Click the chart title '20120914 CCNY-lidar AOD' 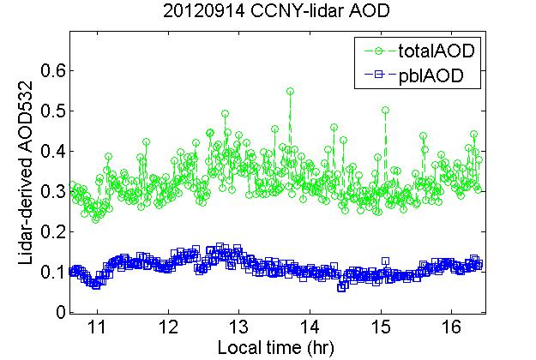pyautogui.click(x=267, y=13)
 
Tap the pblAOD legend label pyautogui.click(x=431, y=75)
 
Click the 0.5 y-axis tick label pyautogui.click(x=48, y=111)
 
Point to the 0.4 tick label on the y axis pyautogui.click(x=48, y=151)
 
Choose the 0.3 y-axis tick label pyautogui.click(x=48, y=191)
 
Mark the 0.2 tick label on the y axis pyautogui.click(x=48, y=231)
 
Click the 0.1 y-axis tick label pyautogui.click(x=48, y=272)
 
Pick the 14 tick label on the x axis pyautogui.click(x=310, y=327)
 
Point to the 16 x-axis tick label pyautogui.click(x=451, y=327)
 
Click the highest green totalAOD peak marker pyautogui.click(x=290, y=91)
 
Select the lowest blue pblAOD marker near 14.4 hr pyautogui.click(x=341, y=288)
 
